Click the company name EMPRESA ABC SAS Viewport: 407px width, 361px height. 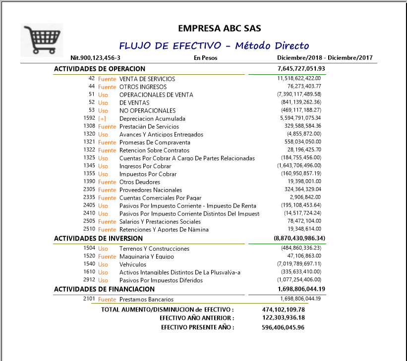tap(219, 29)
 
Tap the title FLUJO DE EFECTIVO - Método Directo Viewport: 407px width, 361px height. tap(214, 46)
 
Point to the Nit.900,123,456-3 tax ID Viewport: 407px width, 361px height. tap(96, 58)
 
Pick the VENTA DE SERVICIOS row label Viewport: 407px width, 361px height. tap(147, 79)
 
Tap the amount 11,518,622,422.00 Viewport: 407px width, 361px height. tap(299, 78)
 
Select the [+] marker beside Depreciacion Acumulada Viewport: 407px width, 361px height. tap(102, 119)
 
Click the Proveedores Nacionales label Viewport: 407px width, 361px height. tap(151, 190)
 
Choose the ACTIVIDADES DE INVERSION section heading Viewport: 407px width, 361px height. tap(98, 238)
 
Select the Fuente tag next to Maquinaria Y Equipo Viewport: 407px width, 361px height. tap(107, 257)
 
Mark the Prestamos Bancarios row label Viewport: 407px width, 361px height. tap(147, 299)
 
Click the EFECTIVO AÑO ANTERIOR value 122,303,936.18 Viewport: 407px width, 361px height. tap(283, 318)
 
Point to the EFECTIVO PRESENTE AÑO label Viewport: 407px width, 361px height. tap(197, 327)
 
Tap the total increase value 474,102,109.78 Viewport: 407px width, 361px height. tap(283, 309)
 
